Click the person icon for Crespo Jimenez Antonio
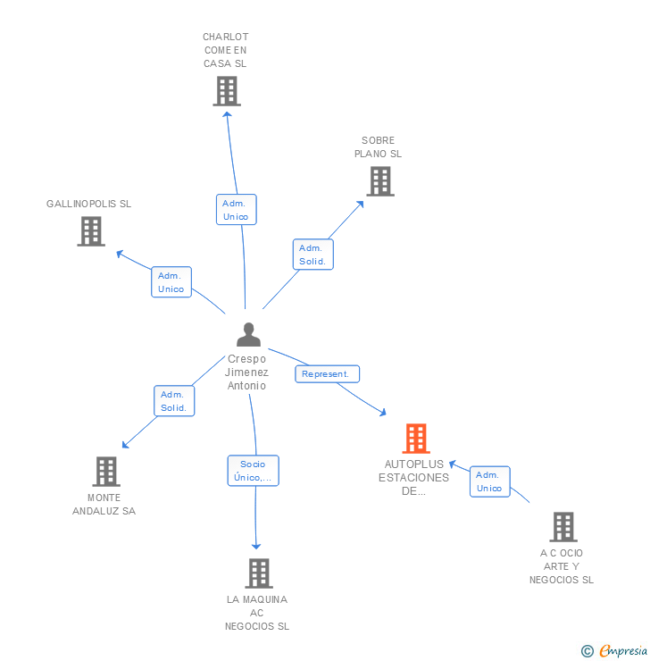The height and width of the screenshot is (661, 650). click(x=248, y=335)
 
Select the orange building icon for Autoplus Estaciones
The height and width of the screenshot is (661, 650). click(x=415, y=439)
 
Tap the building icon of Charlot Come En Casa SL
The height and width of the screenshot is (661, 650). click(x=227, y=90)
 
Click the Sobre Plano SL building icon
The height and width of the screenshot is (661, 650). click(x=379, y=181)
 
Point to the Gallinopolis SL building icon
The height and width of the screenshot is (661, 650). click(x=90, y=231)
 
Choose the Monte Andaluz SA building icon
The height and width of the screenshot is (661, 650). click(x=105, y=472)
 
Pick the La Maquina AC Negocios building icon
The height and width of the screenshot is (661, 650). click(x=258, y=573)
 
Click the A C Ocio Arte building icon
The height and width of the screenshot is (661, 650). click(x=562, y=527)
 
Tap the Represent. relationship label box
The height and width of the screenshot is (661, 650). click(x=327, y=374)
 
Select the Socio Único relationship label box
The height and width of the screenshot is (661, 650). click(x=253, y=471)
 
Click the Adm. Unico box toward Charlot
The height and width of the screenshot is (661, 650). click(x=236, y=210)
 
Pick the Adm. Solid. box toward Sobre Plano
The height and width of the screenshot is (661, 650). click(x=312, y=255)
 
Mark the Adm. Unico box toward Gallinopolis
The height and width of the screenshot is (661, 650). click(x=171, y=282)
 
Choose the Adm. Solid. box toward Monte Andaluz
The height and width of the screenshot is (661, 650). click(x=173, y=401)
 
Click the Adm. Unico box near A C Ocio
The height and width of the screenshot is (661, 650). click(x=489, y=481)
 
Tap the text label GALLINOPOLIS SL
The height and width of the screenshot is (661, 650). click(x=88, y=204)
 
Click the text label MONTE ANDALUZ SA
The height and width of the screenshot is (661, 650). click(x=104, y=505)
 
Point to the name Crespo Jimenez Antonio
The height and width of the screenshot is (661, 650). click(x=247, y=372)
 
